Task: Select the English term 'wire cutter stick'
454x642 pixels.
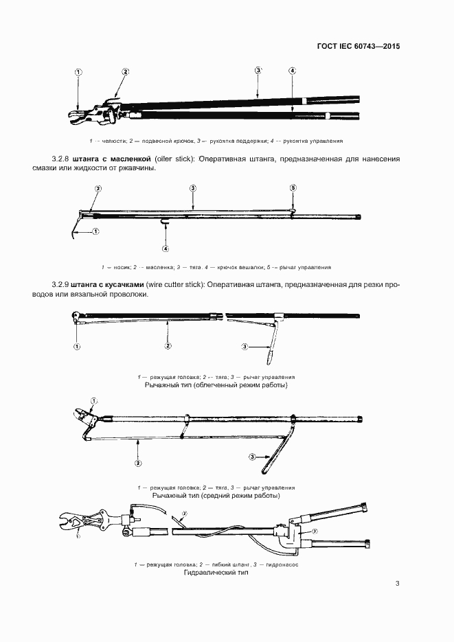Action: pos(181,284)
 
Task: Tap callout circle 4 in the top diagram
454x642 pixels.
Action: pos(293,71)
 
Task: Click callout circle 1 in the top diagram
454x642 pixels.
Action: pos(78,71)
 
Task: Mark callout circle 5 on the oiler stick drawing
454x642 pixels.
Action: pos(293,187)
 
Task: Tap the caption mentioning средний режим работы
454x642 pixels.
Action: pos(216,495)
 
